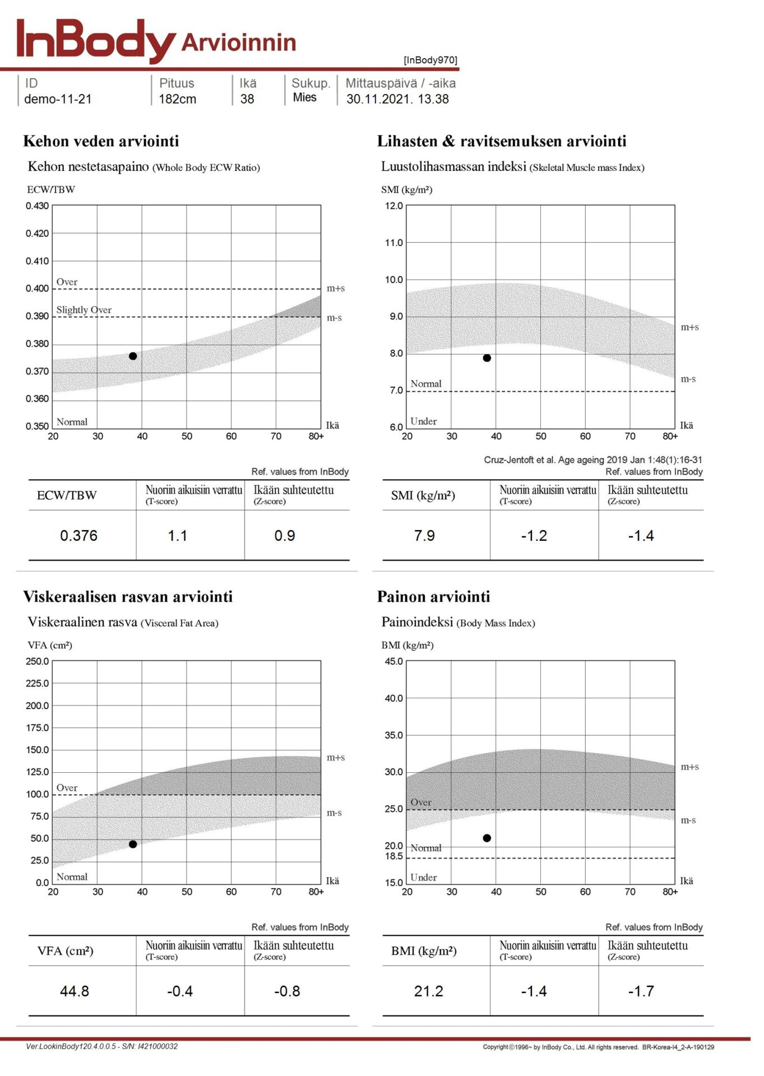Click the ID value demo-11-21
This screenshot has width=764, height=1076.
coord(58,99)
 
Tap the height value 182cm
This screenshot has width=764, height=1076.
coord(177,99)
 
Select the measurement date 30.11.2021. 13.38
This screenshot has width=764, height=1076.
coord(397,99)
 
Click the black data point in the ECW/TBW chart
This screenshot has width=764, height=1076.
coord(133,356)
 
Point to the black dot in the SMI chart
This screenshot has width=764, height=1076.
coord(487,358)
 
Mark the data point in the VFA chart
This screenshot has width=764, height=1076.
coord(133,844)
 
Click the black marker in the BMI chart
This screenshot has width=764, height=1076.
coord(487,838)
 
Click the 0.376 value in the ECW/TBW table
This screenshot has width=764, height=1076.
coord(78,536)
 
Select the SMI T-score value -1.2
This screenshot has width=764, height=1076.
coord(534,536)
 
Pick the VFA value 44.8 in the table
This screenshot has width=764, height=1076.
coord(75,991)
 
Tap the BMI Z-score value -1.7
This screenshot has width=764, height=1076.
coord(641,991)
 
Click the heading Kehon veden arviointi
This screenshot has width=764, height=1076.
coord(101,141)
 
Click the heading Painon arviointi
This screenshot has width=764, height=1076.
coord(433,597)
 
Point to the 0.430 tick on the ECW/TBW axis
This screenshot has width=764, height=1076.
coord(37,206)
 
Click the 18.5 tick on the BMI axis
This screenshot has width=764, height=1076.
coord(393,856)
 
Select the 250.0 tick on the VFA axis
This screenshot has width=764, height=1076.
coord(37,661)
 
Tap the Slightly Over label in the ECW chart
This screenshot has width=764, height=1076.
coord(84,310)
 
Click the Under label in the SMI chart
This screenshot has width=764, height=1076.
coord(423,421)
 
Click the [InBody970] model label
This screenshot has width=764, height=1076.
coord(430,60)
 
